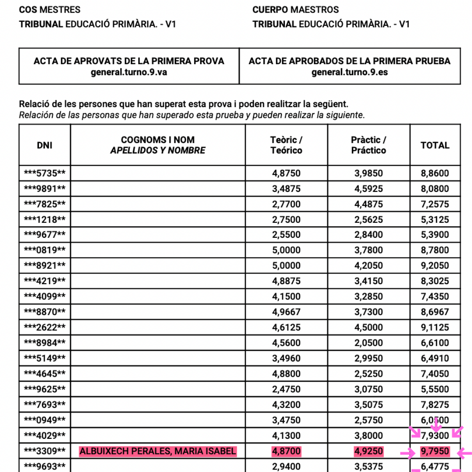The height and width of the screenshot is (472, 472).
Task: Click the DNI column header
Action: (x=45, y=145)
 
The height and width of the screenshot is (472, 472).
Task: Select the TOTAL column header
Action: (x=435, y=145)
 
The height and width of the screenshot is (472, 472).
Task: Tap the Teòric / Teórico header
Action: (x=286, y=145)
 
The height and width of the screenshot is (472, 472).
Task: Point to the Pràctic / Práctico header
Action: (x=368, y=145)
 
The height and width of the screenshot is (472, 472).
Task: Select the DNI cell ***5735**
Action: (x=45, y=173)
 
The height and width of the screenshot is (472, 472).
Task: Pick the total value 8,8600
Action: (x=435, y=173)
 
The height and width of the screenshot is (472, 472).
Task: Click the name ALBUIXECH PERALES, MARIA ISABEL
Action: (x=158, y=451)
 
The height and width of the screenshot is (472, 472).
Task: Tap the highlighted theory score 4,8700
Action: (x=286, y=451)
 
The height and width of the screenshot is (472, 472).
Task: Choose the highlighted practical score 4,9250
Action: (x=368, y=451)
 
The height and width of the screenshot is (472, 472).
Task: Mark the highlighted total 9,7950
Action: (x=435, y=451)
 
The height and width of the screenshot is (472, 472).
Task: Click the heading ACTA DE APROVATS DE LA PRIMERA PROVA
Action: (x=129, y=61)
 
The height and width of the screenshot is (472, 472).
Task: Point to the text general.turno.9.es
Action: (x=350, y=72)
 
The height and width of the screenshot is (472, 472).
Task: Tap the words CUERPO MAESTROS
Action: (x=295, y=10)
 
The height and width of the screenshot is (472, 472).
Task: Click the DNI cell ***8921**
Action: (x=45, y=266)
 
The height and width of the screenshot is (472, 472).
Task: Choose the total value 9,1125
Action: (x=435, y=327)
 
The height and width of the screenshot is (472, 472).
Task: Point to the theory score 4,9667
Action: (x=286, y=312)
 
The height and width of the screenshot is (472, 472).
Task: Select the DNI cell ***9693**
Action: (x=45, y=466)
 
